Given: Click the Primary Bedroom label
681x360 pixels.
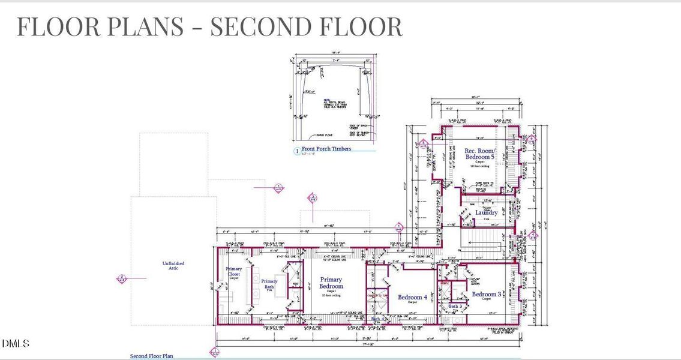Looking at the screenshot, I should point(331,283).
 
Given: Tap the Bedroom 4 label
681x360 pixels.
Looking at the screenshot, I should point(412,297).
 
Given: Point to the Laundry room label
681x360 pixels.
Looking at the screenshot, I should point(486,212).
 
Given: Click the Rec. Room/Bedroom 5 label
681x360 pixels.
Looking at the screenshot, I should point(480,154).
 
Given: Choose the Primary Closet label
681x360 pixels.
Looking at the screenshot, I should point(233,272).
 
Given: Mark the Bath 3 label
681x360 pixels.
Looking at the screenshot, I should point(455,306).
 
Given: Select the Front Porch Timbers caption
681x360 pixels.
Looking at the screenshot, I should point(326,149).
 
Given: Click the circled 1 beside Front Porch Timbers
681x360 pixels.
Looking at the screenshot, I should point(296,151).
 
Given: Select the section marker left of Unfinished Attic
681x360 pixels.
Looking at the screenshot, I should point(122,278).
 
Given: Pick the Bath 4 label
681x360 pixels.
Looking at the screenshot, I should point(376,319).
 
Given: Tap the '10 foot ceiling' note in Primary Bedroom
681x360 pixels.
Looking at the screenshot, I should point(331,295).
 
